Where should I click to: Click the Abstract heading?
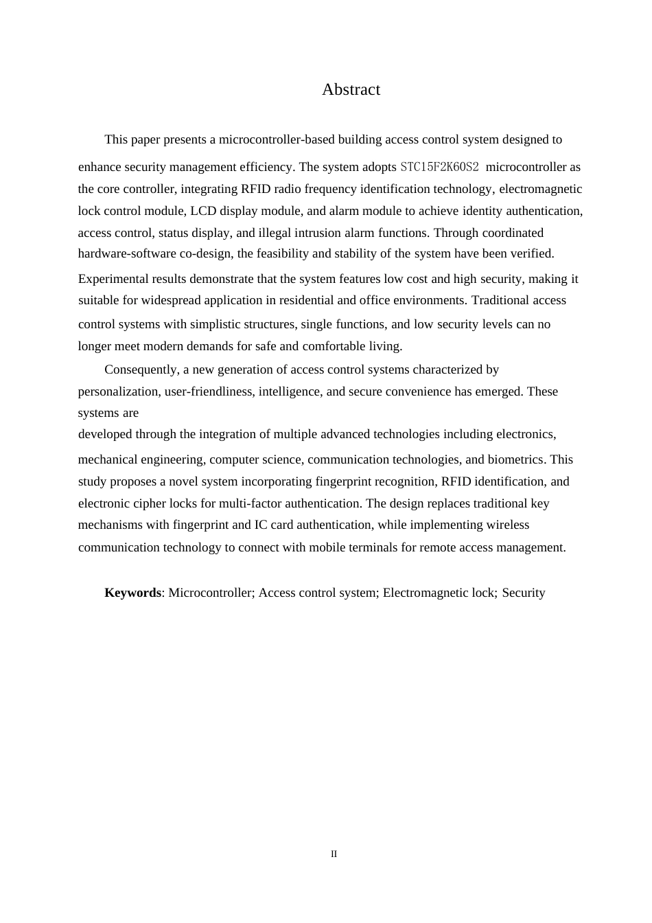pos(351,90)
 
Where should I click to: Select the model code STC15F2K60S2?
pos(439,167)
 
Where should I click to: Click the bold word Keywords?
pos(132,593)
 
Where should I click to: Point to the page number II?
pos(334,854)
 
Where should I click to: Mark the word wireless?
pos(509,525)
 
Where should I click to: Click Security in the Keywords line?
pos(524,593)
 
